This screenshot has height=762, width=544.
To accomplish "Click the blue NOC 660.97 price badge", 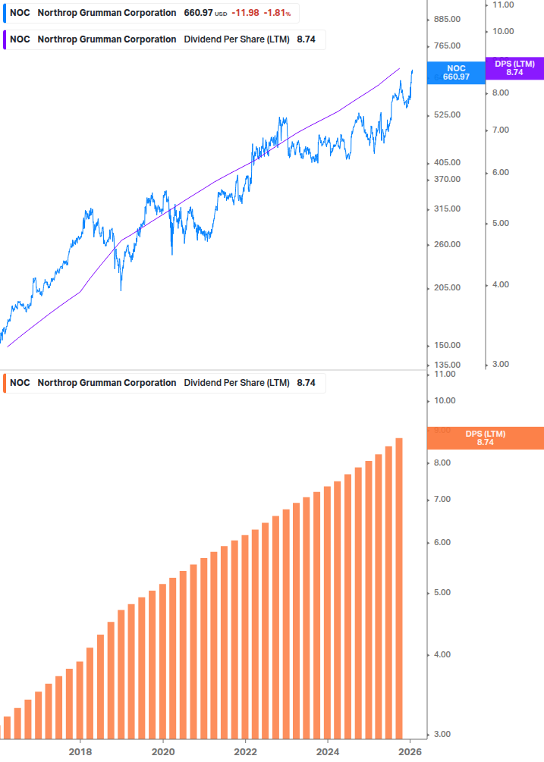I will tap(456, 73).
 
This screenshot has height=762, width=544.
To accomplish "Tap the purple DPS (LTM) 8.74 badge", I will tap(514, 68).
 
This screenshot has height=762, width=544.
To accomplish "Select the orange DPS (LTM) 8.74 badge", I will tap(486, 438).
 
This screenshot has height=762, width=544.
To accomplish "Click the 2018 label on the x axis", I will tap(80, 751).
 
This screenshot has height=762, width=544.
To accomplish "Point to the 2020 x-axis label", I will tap(163, 751).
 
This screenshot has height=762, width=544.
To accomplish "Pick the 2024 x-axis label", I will tap(328, 751).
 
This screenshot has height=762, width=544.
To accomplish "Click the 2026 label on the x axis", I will tap(410, 751).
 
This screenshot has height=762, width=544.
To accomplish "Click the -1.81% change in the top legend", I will tap(277, 13).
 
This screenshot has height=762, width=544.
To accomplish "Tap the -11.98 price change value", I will tap(245, 13).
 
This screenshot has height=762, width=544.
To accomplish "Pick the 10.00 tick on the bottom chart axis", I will tap(444, 401).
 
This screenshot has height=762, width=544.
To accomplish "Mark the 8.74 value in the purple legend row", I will tap(306, 39).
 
